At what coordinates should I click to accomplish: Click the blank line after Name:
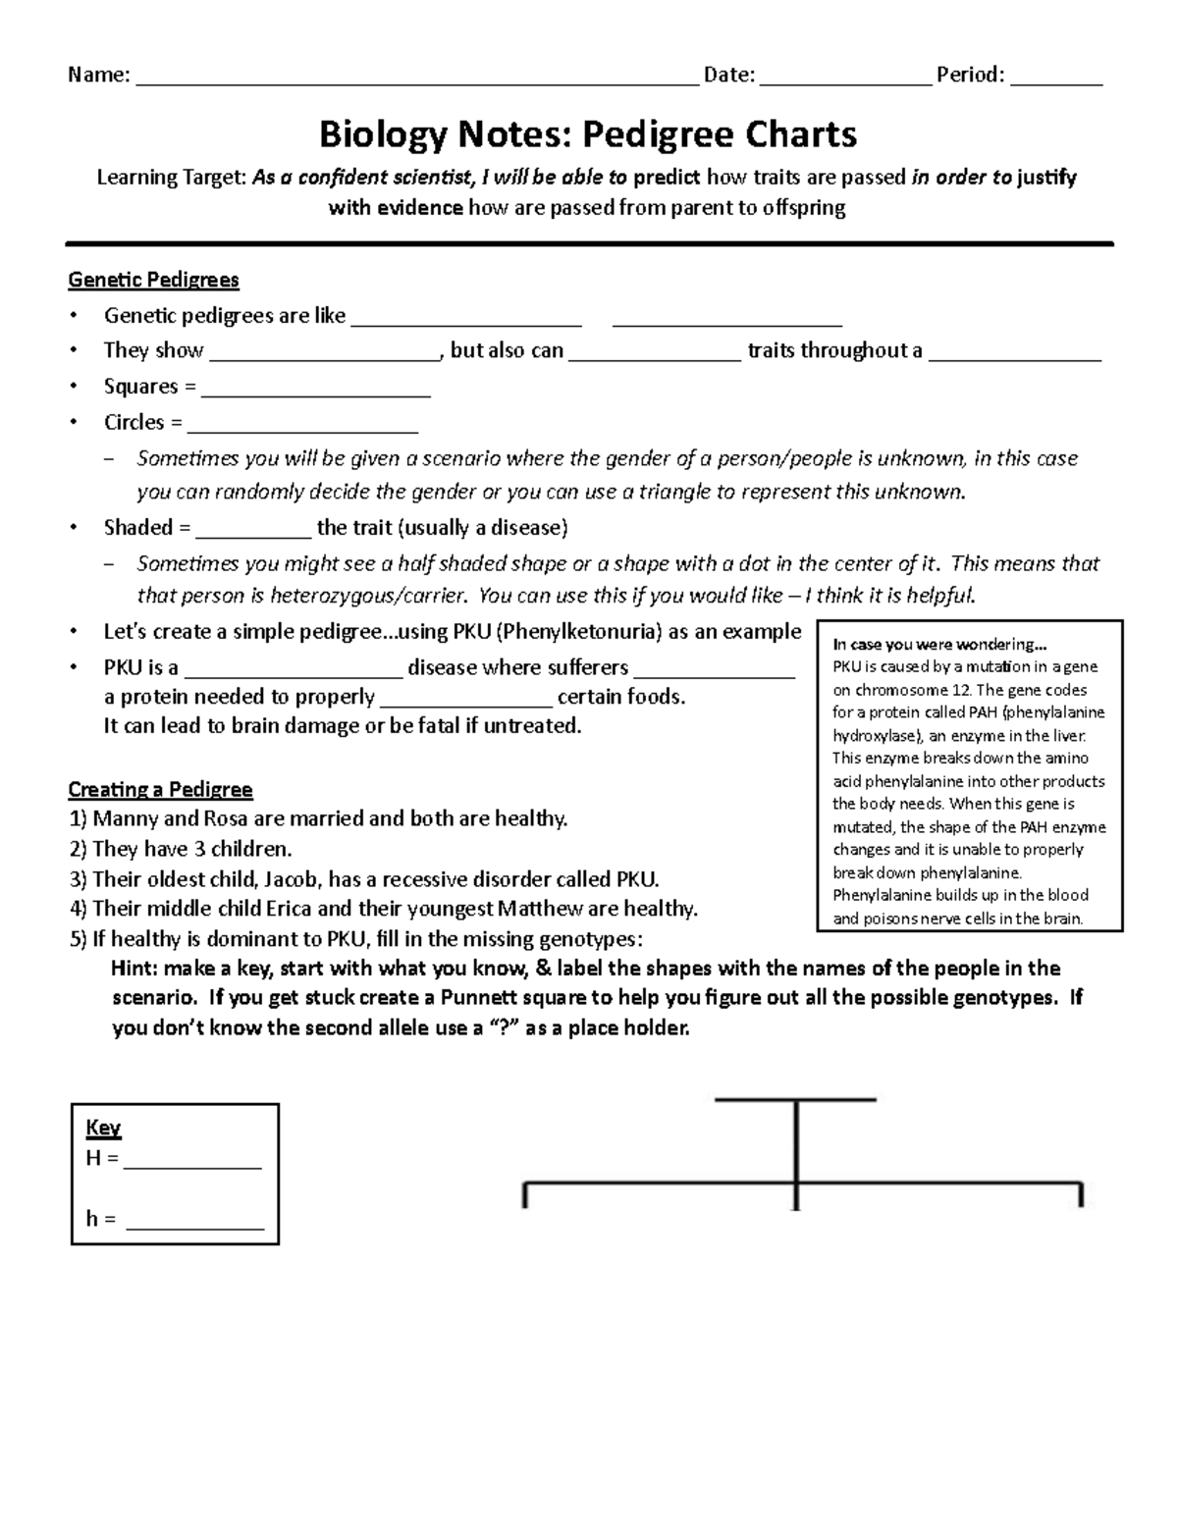click(417, 79)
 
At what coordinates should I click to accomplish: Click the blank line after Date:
click(845, 79)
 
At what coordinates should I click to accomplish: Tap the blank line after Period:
click(1056, 79)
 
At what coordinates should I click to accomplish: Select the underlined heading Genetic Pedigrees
click(153, 280)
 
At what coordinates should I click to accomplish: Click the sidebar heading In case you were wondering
click(939, 645)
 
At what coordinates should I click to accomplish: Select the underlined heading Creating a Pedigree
click(160, 789)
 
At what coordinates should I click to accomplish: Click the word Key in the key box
click(103, 1128)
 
